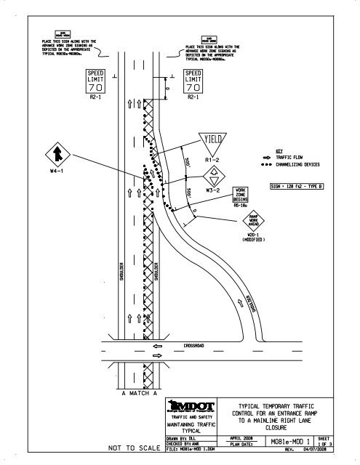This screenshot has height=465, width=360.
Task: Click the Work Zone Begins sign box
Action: [x=242, y=194]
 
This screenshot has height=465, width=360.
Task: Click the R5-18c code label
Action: [x=241, y=206]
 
